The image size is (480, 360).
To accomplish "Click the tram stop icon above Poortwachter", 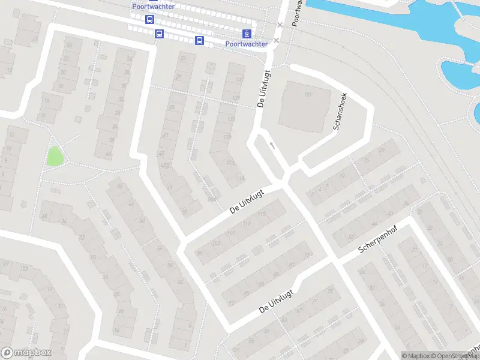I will point(246,33).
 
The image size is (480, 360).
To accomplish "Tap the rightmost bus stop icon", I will point(199,40).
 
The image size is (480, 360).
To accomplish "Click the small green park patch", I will point(55,157).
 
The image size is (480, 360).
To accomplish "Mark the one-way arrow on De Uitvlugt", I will point(272,145).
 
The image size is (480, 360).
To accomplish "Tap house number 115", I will point(261,214).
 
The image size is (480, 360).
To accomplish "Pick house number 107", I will point(231,233).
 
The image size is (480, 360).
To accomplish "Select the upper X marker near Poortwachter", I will point(280,25).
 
